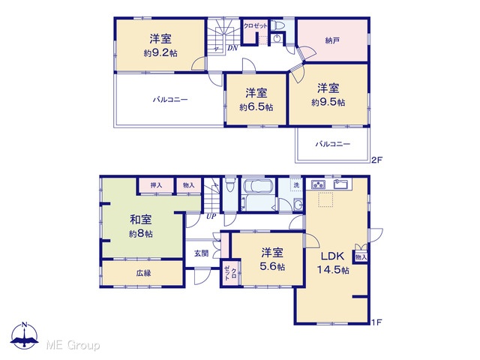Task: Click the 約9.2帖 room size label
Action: pyautogui.click(x=160, y=53)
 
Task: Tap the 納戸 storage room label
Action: pyautogui.click(x=332, y=40)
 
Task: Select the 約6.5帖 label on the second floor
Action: pyautogui.click(x=256, y=107)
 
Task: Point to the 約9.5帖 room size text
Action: pyautogui.click(x=328, y=102)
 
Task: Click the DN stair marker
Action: pyautogui.click(x=232, y=48)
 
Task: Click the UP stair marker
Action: pyautogui.click(x=211, y=217)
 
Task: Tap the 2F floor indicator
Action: pyautogui.click(x=376, y=160)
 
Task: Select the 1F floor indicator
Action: pyautogui.click(x=376, y=322)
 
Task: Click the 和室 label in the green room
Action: pyautogui.click(x=141, y=220)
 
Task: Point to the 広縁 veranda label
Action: pyautogui.click(x=143, y=273)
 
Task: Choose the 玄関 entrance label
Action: pyautogui.click(x=202, y=253)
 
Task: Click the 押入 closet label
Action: pyautogui.click(x=156, y=185)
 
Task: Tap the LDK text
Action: pyautogui.click(x=332, y=256)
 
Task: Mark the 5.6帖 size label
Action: pyautogui.click(x=272, y=267)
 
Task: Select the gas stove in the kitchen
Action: pyautogui.click(x=318, y=184)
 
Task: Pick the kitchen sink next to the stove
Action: pyautogui.click(x=340, y=184)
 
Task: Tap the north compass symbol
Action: pyautogui.click(x=25, y=335)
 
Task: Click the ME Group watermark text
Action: pyautogui.click(x=73, y=345)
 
